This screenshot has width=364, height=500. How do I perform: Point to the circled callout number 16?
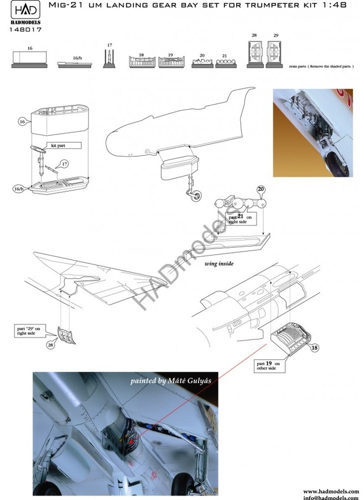[22, 120]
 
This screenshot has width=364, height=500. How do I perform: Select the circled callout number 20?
[260, 189]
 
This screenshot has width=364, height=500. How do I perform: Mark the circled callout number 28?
[52, 345]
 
